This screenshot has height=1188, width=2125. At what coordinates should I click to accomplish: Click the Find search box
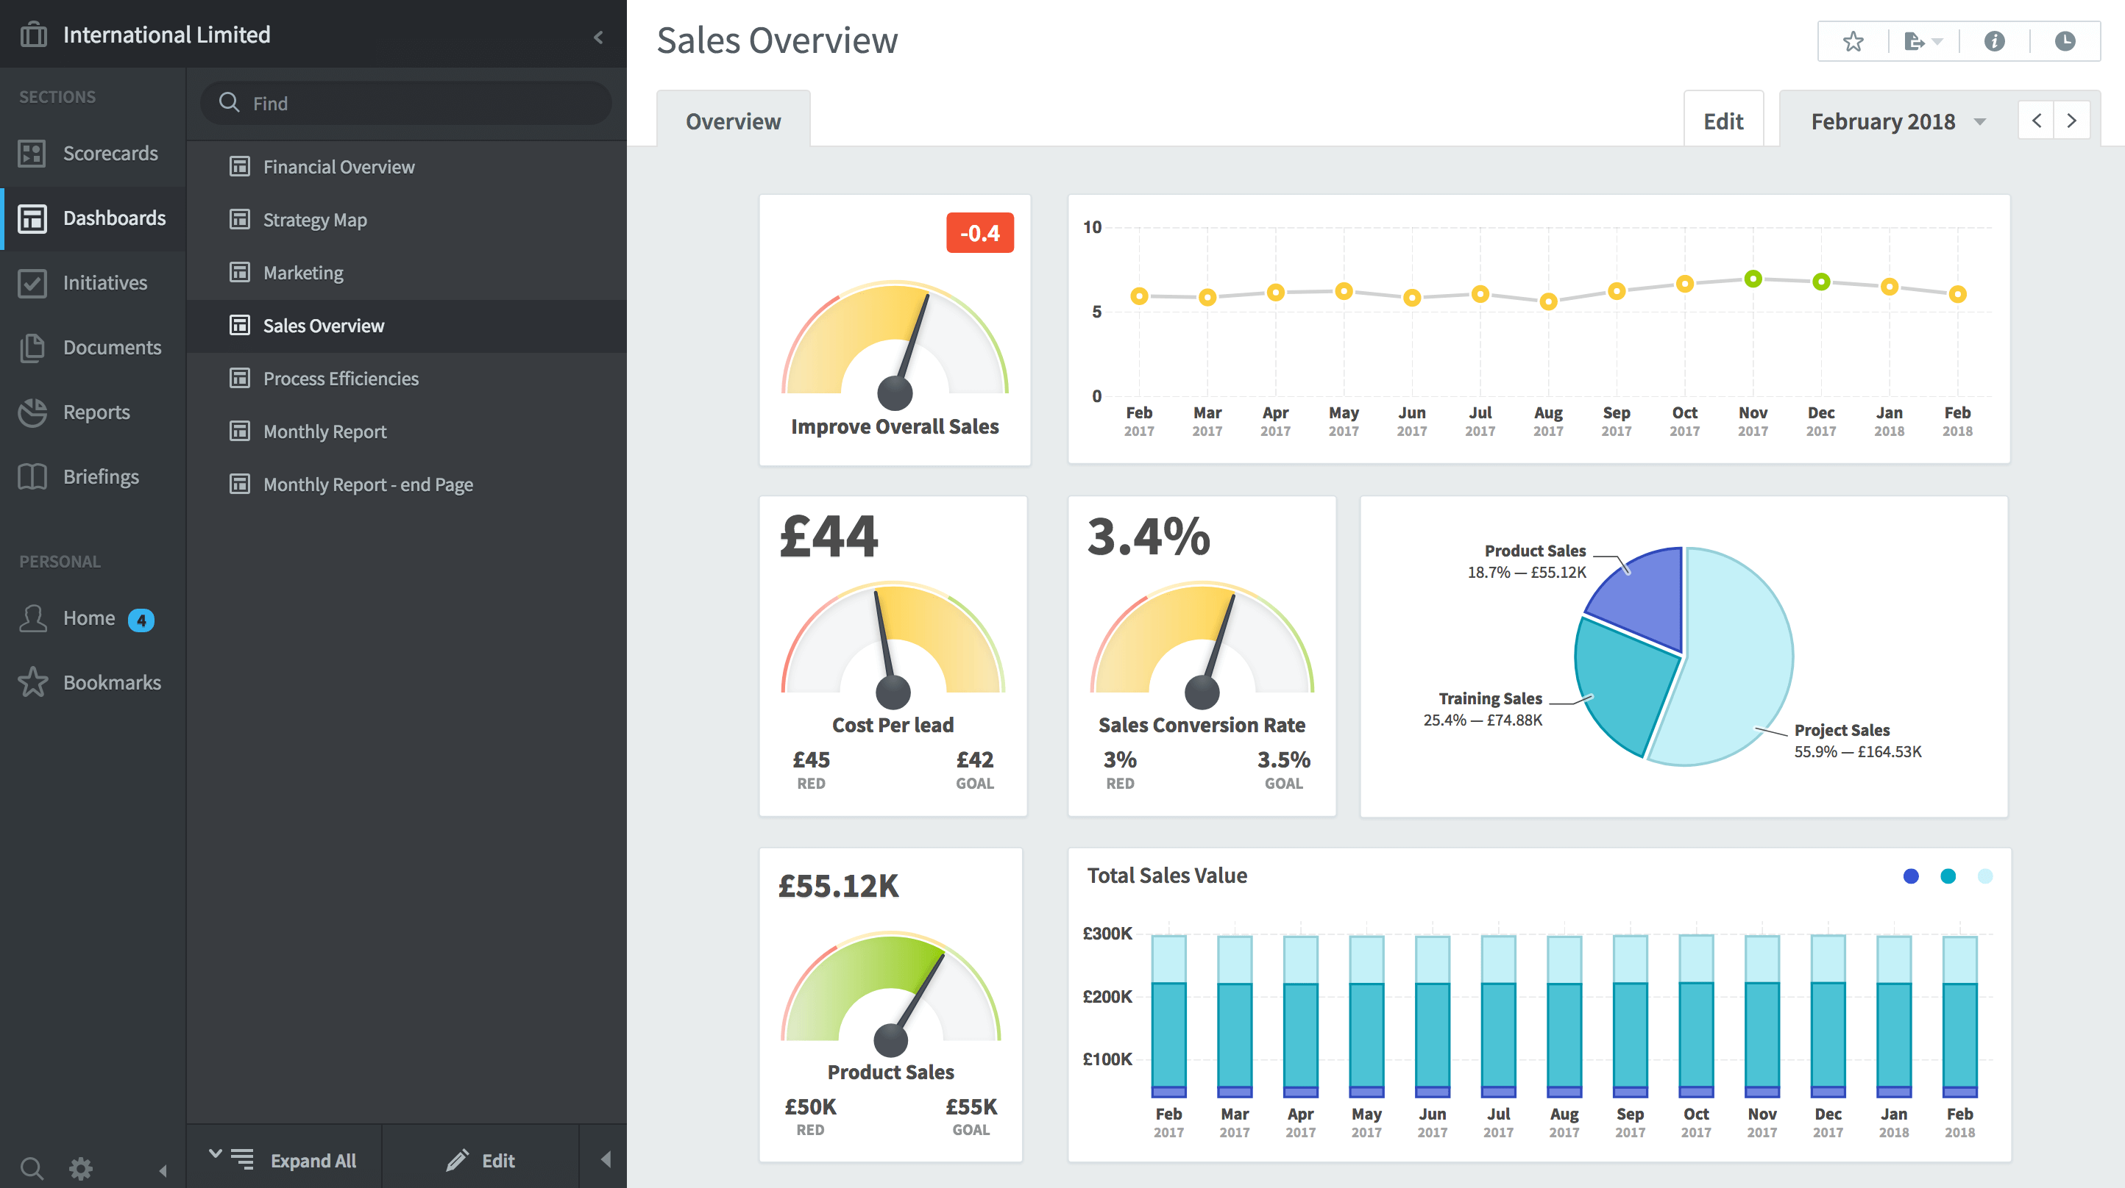(x=406, y=103)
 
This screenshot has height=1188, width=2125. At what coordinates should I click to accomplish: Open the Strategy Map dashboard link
(x=314, y=220)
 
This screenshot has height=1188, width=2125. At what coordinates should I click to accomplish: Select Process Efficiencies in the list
(x=340, y=379)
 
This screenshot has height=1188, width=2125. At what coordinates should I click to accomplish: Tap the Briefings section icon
(x=33, y=476)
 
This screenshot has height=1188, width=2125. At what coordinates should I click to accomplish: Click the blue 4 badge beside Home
(x=141, y=620)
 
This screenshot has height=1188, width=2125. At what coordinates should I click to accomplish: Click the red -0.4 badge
(x=979, y=233)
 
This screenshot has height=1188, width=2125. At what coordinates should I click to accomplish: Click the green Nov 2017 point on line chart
(x=1752, y=279)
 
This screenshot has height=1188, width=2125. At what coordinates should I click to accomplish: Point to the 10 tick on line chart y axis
(x=1092, y=228)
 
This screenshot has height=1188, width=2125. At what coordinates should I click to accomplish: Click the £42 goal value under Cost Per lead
(x=974, y=759)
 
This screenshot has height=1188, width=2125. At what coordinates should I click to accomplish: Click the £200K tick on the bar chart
(x=1107, y=996)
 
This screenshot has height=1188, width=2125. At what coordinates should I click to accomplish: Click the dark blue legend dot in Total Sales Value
(x=1911, y=876)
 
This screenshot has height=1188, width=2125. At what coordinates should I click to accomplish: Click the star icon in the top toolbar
(x=1853, y=41)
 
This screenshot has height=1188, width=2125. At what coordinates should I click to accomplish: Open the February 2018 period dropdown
(x=1898, y=122)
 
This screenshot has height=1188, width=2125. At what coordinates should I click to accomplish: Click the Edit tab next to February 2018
(x=1723, y=122)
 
